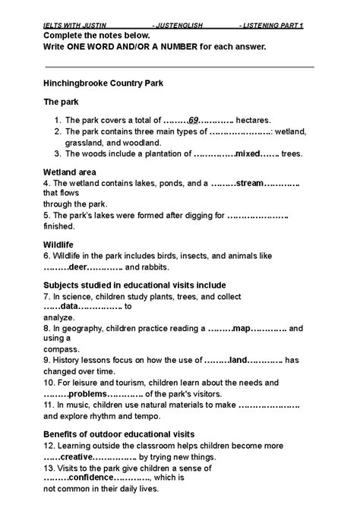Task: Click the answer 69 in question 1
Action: pyautogui.click(x=194, y=119)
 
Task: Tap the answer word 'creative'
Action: pyautogui.click(x=76, y=457)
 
